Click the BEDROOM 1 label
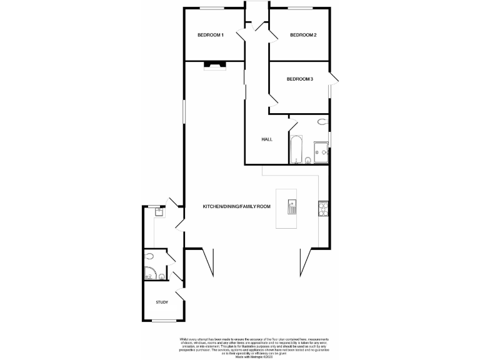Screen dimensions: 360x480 (x=211, y=35)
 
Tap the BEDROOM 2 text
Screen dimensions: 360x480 (x=303, y=35)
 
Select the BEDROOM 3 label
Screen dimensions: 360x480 (x=300, y=79)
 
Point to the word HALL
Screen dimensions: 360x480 (x=267, y=139)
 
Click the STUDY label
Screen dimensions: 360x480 (x=162, y=302)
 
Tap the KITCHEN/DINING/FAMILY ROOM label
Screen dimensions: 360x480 (x=236, y=206)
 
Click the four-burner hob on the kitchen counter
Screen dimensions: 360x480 (x=324, y=207)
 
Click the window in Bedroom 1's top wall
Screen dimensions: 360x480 (x=212, y=8)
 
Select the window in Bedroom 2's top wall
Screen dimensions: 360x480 (x=297, y=8)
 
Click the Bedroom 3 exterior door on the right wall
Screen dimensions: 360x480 (x=334, y=79)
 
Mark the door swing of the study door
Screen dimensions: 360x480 (x=180, y=297)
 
